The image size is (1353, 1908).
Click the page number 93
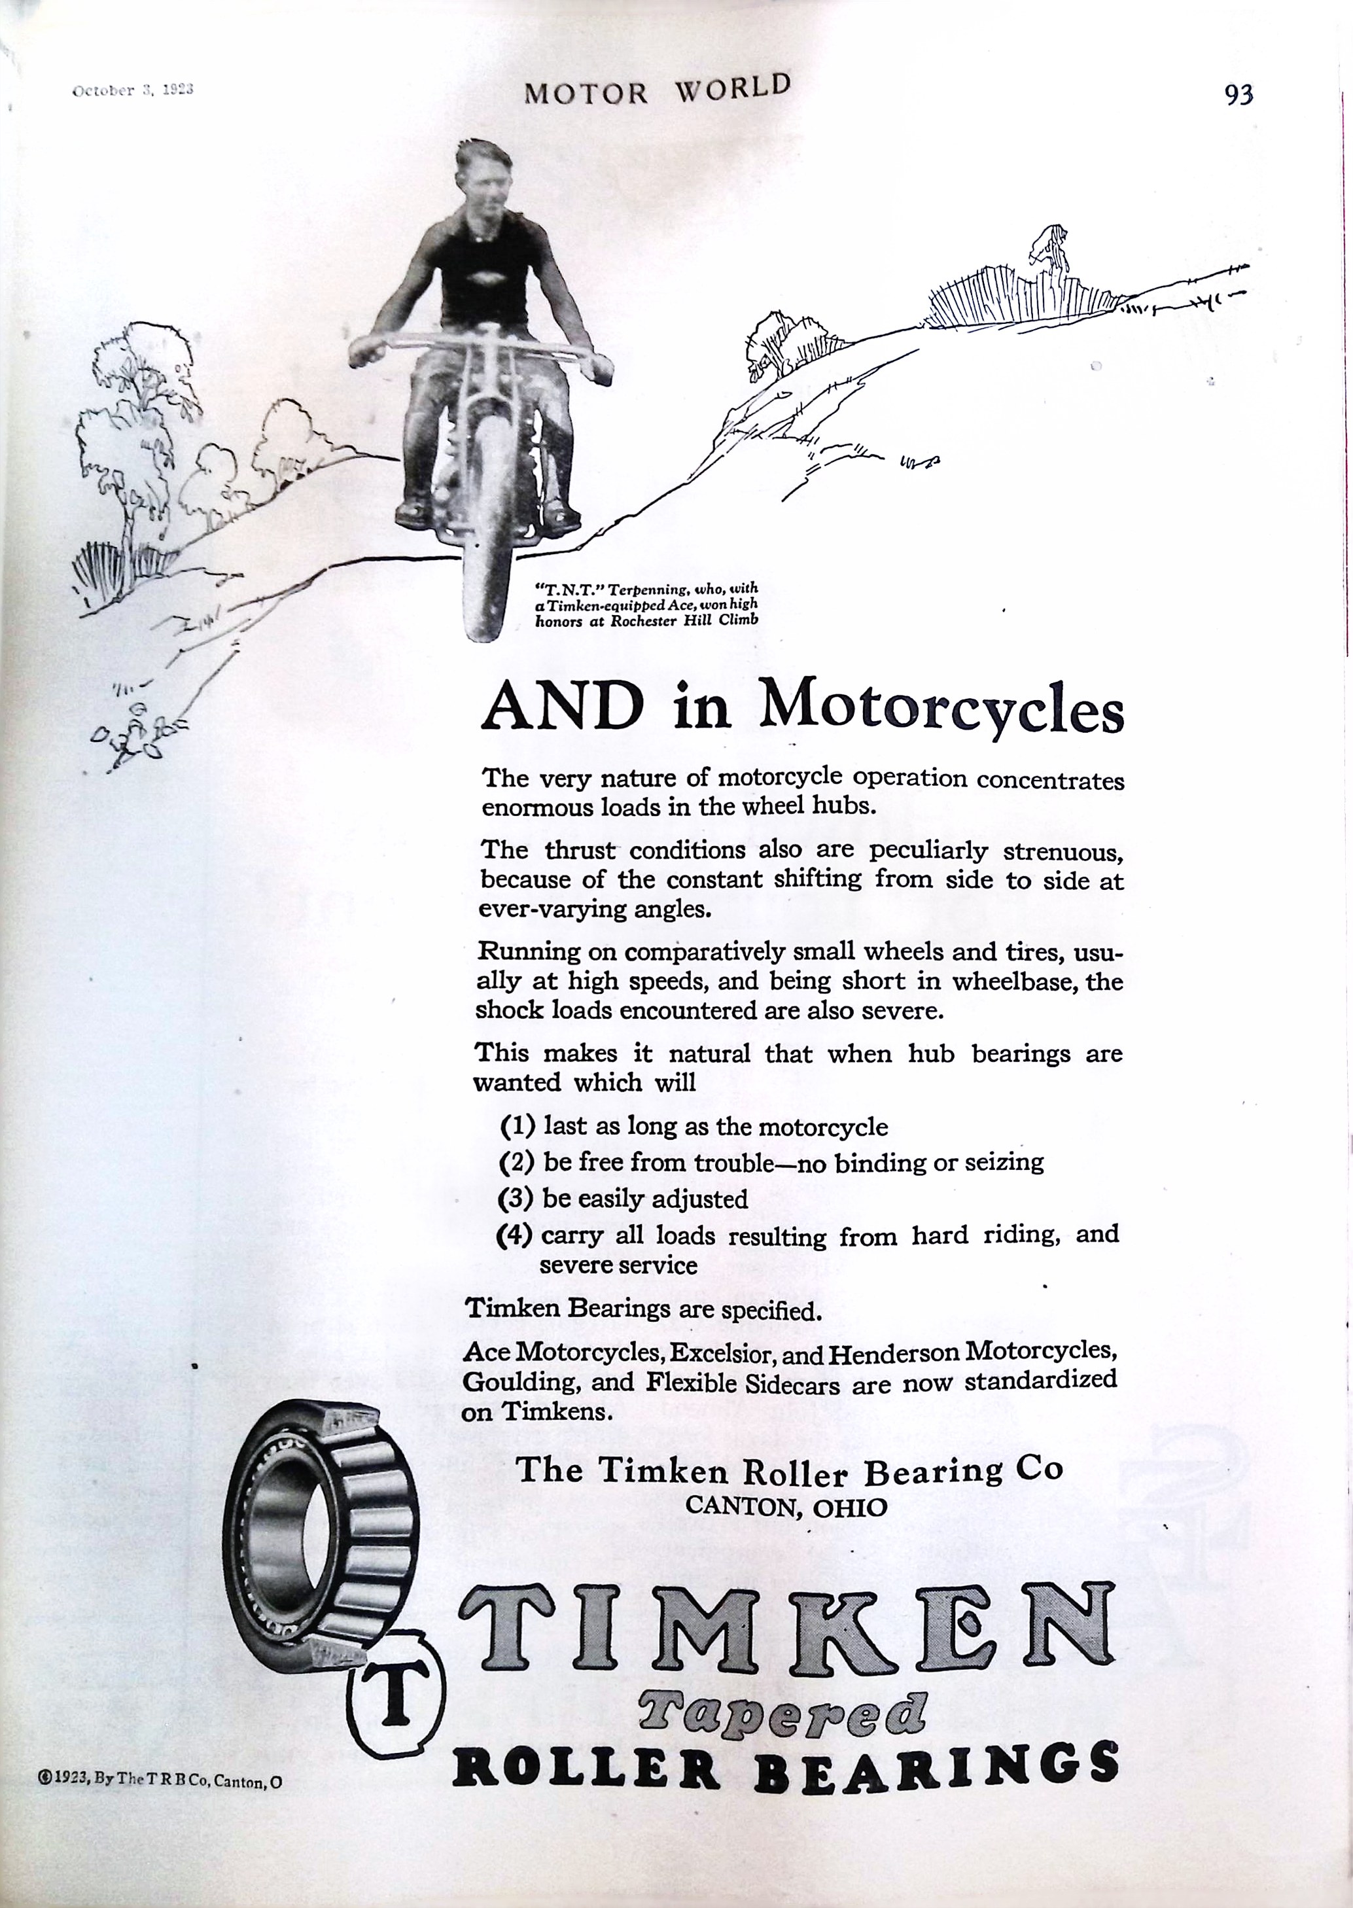point(1238,96)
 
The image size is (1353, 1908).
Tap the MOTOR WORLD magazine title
point(656,89)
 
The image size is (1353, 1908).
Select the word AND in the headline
point(563,707)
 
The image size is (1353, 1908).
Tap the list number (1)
point(518,1127)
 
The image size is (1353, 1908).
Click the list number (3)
point(515,1198)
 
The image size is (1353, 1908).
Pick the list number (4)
point(514,1234)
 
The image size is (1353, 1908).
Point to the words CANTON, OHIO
point(786,1506)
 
